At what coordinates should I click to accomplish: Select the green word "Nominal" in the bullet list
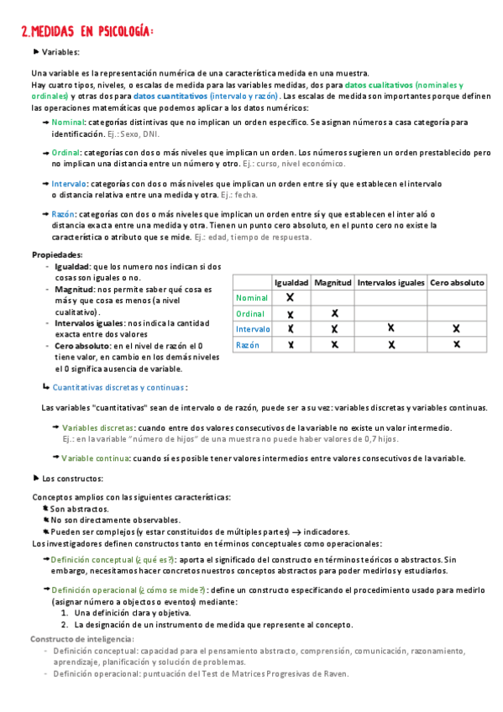[x=68, y=123]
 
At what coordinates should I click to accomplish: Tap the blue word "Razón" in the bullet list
[x=63, y=214]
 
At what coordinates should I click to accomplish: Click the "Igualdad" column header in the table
[x=291, y=283]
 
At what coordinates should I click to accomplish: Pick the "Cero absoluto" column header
[x=457, y=283]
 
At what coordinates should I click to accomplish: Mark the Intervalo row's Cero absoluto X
[x=456, y=328]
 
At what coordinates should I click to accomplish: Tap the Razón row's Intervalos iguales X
[x=390, y=344]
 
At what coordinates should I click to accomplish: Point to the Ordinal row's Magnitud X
[x=334, y=313]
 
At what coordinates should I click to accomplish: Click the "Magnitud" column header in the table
[x=333, y=283]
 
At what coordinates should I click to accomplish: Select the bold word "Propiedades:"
[x=57, y=254]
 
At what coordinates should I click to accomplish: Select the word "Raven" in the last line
[x=333, y=673]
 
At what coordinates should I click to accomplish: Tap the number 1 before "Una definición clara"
[x=65, y=613]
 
